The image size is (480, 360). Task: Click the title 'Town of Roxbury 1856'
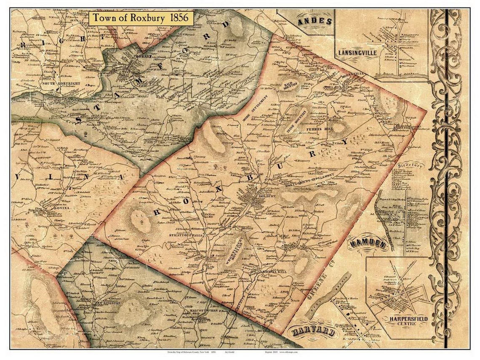(x=141, y=19)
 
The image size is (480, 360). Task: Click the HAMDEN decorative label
(x=367, y=243)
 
